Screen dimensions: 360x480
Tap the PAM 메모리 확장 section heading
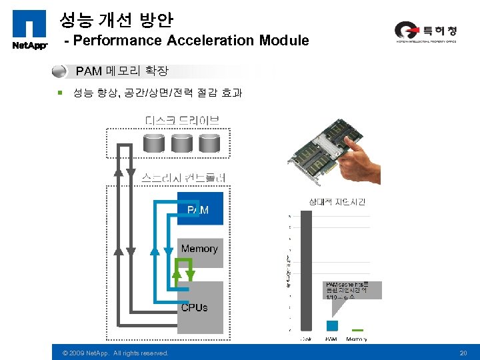pyautogui.click(x=122, y=71)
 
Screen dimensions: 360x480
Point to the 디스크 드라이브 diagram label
pyautogui.click(x=182, y=121)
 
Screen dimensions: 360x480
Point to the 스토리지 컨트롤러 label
pyautogui.click(x=184, y=177)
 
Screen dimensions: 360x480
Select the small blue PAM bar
pyautogui.click(x=332, y=325)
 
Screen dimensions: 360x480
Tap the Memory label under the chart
pyautogui.click(x=357, y=339)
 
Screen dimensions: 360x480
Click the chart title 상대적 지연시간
pyautogui.click(x=336, y=201)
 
